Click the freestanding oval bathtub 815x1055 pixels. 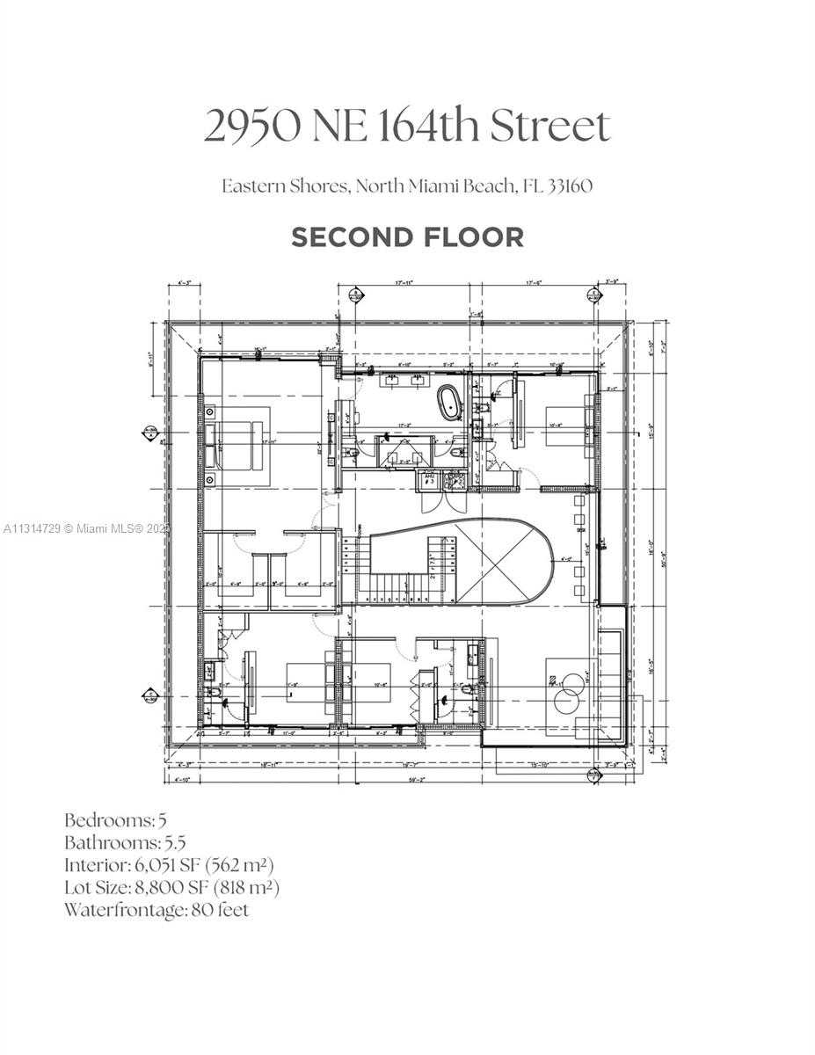pyautogui.click(x=451, y=404)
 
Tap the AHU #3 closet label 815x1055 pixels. pyautogui.click(x=430, y=479)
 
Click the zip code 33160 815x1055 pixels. pyautogui.click(x=570, y=186)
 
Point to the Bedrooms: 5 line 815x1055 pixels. pyautogui.click(x=115, y=820)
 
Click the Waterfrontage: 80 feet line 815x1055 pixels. pyautogui.click(x=156, y=910)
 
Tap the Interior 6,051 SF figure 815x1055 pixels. pyautogui.click(x=202, y=865)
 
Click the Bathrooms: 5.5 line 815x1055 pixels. pyautogui.click(x=124, y=842)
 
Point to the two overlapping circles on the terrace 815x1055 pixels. pyautogui.click(x=565, y=688)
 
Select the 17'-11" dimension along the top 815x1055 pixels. pyautogui.click(x=404, y=283)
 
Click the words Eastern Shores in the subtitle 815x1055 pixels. pyautogui.click(x=271, y=186)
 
